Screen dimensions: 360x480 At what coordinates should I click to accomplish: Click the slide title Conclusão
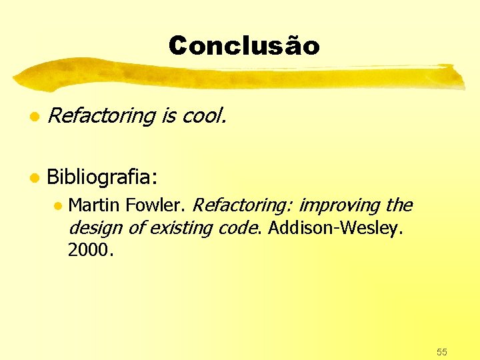[x=244, y=46]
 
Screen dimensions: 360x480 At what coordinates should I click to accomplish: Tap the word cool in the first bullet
[x=203, y=116]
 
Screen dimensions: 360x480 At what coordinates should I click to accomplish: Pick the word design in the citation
[x=95, y=227]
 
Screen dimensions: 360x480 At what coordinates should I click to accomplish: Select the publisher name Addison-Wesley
[x=335, y=227]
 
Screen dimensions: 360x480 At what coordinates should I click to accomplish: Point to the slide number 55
[x=441, y=351]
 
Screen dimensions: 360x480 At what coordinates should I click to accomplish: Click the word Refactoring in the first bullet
[x=101, y=116]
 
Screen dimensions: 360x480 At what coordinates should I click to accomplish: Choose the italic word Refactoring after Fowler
[x=244, y=205]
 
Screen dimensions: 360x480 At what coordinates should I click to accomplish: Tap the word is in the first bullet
[x=168, y=116]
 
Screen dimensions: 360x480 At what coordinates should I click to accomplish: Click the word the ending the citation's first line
[x=399, y=205]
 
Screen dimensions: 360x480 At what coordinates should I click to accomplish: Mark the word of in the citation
[x=136, y=227]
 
